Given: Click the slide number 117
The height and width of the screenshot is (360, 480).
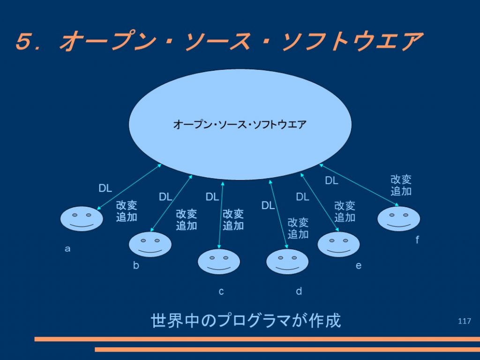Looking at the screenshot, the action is click(x=464, y=321).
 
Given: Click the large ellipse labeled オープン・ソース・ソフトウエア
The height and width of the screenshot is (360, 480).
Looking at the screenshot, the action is click(x=240, y=124).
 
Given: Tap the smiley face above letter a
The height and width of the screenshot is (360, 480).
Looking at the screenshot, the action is click(x=82, y=218).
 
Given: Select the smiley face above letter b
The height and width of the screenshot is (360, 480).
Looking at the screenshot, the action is click(x=150, y=244).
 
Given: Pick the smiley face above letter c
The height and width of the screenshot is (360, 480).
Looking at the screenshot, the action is click(x=219, y=262).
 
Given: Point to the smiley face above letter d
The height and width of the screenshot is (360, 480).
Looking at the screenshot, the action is click(x=287, y=262).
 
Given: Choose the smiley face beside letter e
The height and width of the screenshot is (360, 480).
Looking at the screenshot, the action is click(x=338, y=244).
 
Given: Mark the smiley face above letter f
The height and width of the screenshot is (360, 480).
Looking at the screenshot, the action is click(x=398, y=218).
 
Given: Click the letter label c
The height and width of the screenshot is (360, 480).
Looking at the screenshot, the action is click(x=221, y=292).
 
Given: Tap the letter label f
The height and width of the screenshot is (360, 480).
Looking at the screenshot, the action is click(x=417, y=240).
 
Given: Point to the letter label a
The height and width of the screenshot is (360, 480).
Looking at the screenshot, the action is click(x=67, y=248).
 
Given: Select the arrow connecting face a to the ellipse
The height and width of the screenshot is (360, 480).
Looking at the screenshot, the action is click(x=129, y=187).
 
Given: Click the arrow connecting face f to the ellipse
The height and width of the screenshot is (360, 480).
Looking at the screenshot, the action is click(x=359, y=185).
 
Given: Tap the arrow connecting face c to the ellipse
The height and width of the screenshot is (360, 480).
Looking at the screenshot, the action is click(x=221, y=215).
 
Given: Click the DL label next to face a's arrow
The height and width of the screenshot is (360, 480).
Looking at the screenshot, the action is click(x=105, y=188).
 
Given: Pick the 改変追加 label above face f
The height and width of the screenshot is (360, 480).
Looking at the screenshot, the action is click(x=401, y=185).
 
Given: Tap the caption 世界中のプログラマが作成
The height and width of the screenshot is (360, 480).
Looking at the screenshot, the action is click(x=246, y=321).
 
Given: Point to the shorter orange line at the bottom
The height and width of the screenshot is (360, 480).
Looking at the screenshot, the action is click(x=287, y=350).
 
